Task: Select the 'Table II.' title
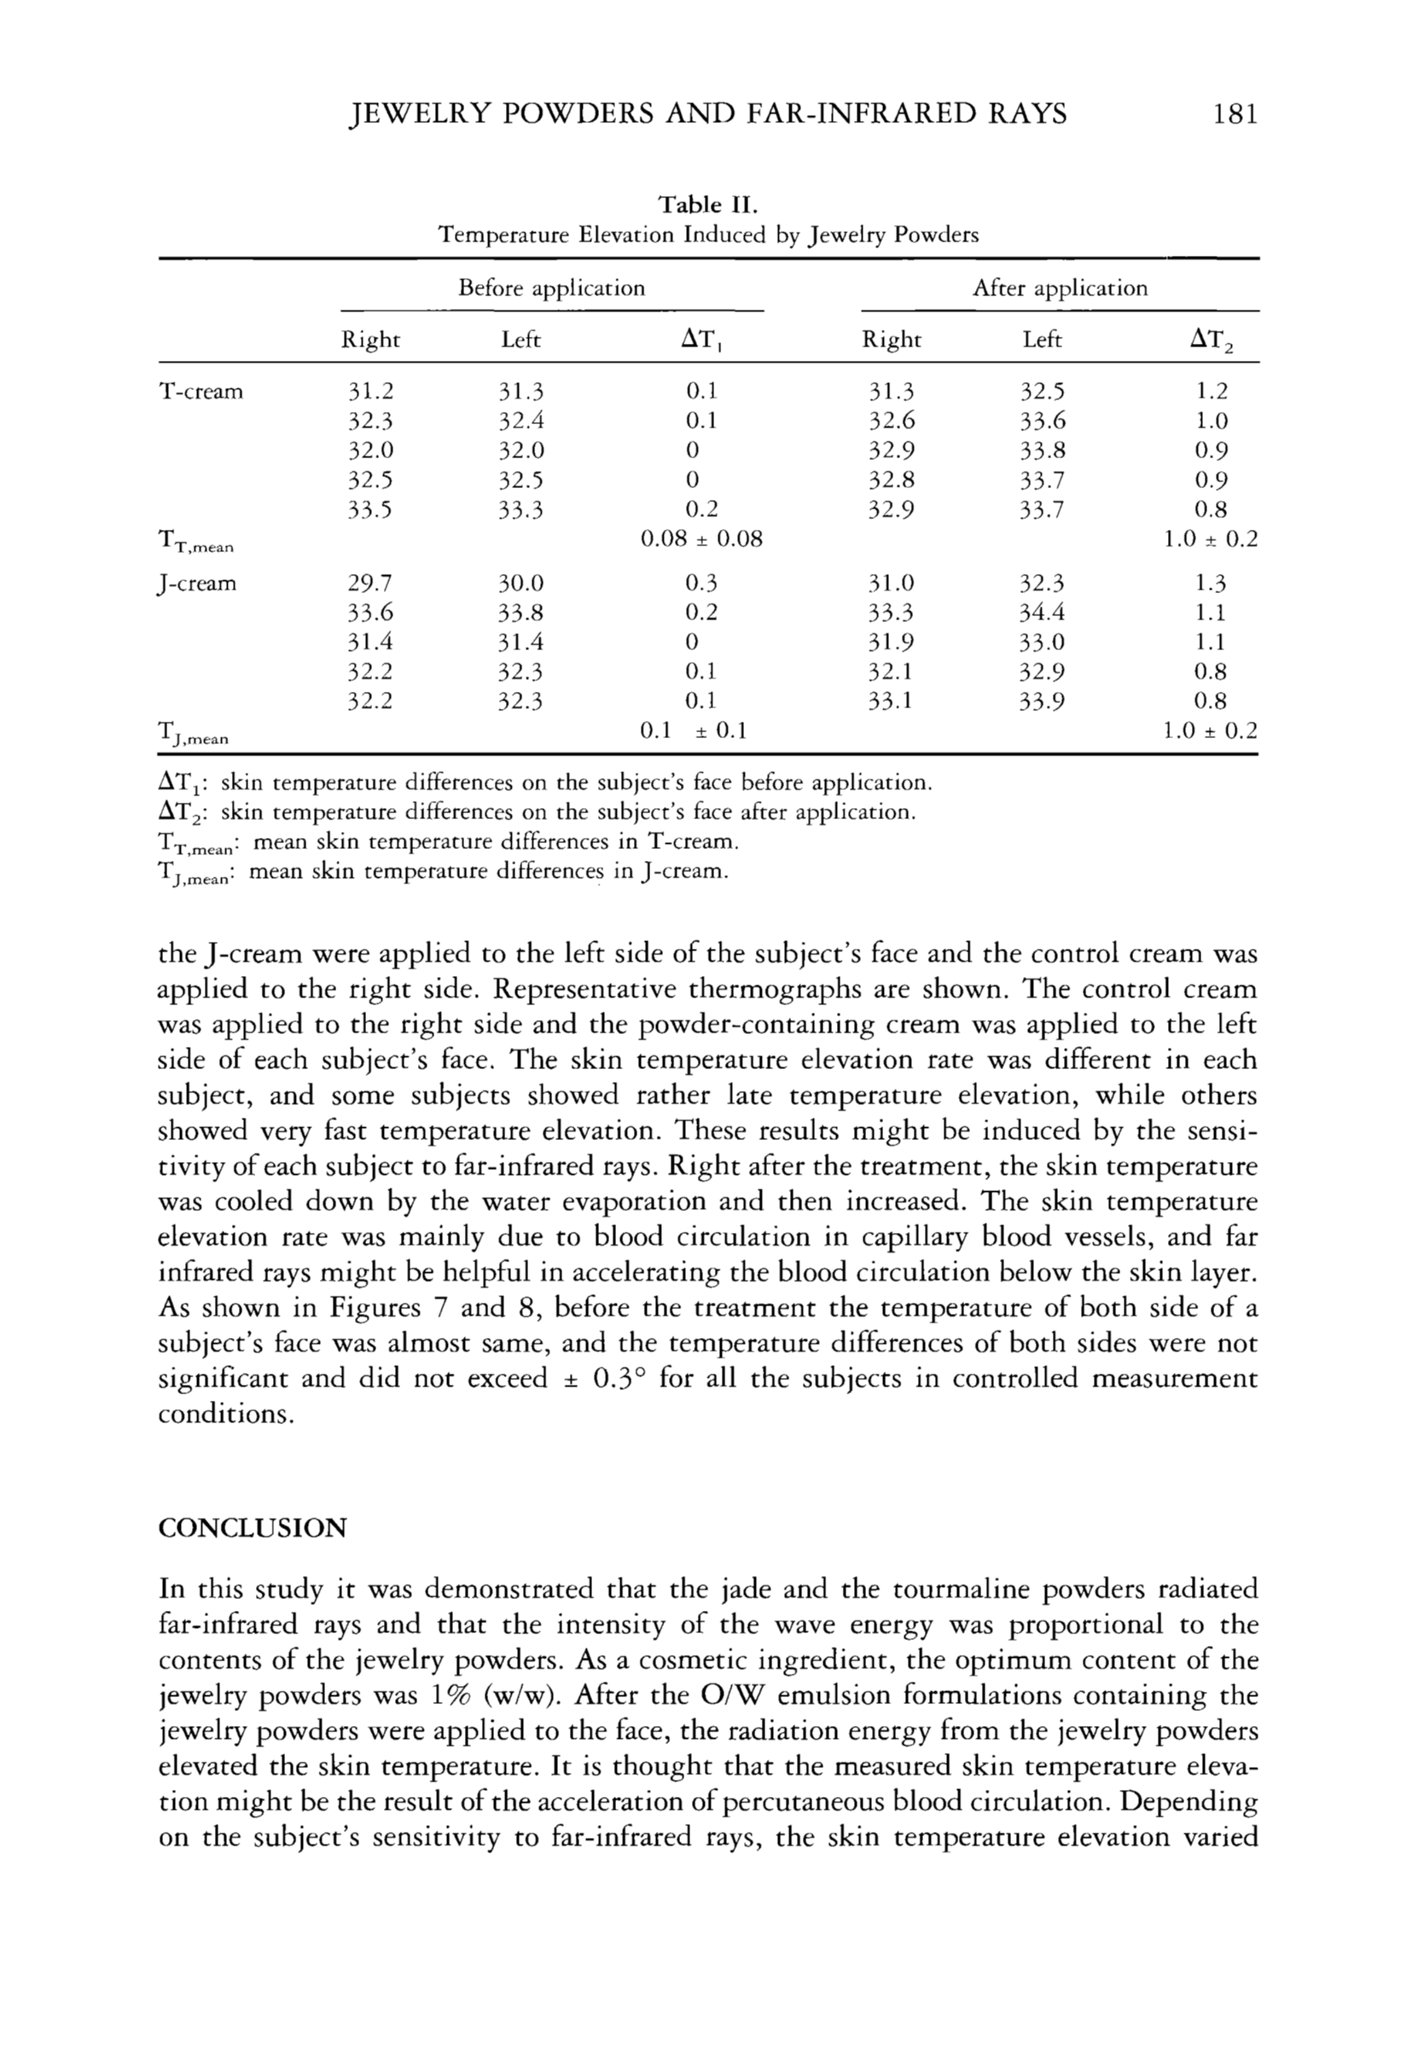[708, 206]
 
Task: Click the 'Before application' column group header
[551, 288]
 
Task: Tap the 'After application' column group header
[1059, 288]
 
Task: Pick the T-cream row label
[200, 392]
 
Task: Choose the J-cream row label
[197, 584]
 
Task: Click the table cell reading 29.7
[369, 584]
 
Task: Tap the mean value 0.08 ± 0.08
[701, 539]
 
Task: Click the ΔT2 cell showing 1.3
[1210, 584]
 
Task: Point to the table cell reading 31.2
[369, 392]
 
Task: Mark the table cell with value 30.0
[520, 584]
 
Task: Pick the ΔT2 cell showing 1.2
[1210, 392]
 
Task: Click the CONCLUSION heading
[253, 1528]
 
